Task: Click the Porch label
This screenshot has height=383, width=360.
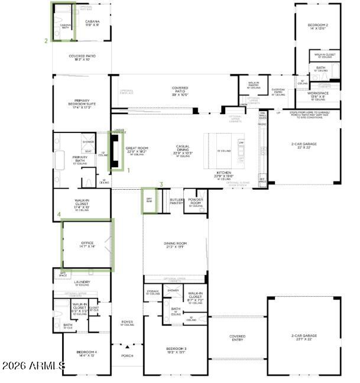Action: click(x=127, y=356)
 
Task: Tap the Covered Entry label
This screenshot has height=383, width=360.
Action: click(x=237, y=337)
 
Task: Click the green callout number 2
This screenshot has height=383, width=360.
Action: click(x=46, y=41)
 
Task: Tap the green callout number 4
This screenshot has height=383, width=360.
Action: click(x=58, y=215)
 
